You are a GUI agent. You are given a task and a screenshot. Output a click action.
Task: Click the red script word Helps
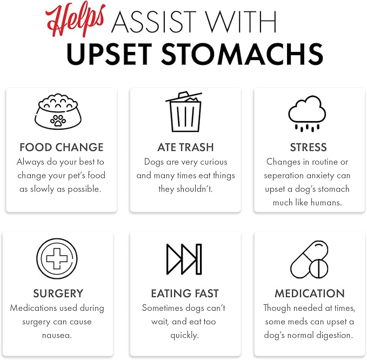tap(75, 19)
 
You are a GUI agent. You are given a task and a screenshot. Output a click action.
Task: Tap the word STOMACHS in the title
tap(242, 54)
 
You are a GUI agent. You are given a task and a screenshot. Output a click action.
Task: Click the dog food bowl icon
tap(58, 111)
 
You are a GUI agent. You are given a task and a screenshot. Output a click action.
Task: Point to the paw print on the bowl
tap(58, 121)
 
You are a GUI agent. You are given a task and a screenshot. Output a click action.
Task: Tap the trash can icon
tap(184, 112)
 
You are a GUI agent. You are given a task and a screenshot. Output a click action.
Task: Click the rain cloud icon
tap(307, 114)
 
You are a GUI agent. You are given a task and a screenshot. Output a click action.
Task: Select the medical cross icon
tap(57, 258)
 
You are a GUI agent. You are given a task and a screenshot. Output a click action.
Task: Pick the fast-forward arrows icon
tap(184, 259)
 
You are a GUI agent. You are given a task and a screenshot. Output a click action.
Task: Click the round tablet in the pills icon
tap(318, 269)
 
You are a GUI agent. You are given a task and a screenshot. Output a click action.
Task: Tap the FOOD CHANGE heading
tap(62, 148)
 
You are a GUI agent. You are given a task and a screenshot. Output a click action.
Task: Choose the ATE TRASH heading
tap(185, 148)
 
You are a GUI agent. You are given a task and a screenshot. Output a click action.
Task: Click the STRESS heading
tap(309, 148)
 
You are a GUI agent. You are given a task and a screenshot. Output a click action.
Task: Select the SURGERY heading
tap(58, 294)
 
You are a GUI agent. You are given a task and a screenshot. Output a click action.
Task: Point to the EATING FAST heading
tap(185, 294)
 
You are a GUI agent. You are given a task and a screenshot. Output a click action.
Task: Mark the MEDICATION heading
tap(310, 294)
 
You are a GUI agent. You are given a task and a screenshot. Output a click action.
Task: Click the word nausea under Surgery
tap(57, 336)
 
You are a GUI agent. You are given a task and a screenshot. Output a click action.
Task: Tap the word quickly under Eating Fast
tap(185, 336)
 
